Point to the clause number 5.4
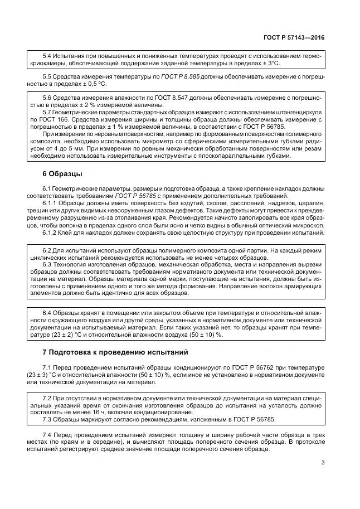[x=47, y=57]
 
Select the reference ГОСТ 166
[x=53, y=119]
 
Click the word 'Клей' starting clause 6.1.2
[x=70, y=232]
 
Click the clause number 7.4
[x=47, y=434]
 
